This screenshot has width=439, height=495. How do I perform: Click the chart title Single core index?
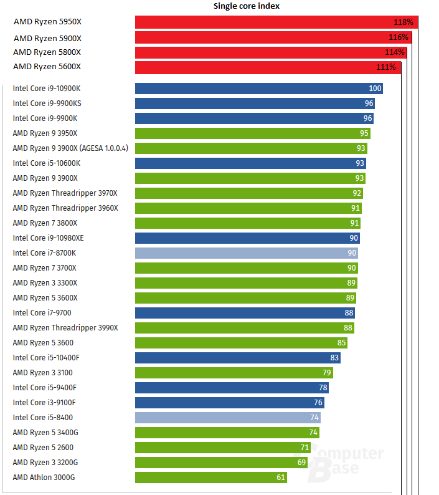click(247, 6)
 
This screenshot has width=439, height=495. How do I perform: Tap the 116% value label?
click(399, 37)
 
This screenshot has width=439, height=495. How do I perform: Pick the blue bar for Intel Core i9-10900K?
click(258, 89)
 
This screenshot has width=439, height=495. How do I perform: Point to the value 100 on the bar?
click(375, 89)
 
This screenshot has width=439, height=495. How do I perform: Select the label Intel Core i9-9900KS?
click(47, 103)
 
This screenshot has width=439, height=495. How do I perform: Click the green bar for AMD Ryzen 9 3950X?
click(253, 133)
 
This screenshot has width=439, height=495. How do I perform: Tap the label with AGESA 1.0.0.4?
click(70, 148)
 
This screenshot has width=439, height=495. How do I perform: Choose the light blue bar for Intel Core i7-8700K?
click(247, 253)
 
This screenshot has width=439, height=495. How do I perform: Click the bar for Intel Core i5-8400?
click(227, 418)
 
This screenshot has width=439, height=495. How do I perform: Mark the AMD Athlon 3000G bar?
click(211, 478)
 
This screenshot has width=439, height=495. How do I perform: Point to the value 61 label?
click(281, 478)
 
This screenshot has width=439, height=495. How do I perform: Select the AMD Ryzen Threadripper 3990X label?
click(65, 328)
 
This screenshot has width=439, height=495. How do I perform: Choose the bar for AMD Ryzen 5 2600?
click(223, 448)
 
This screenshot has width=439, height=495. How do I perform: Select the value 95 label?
click(364, 133)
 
